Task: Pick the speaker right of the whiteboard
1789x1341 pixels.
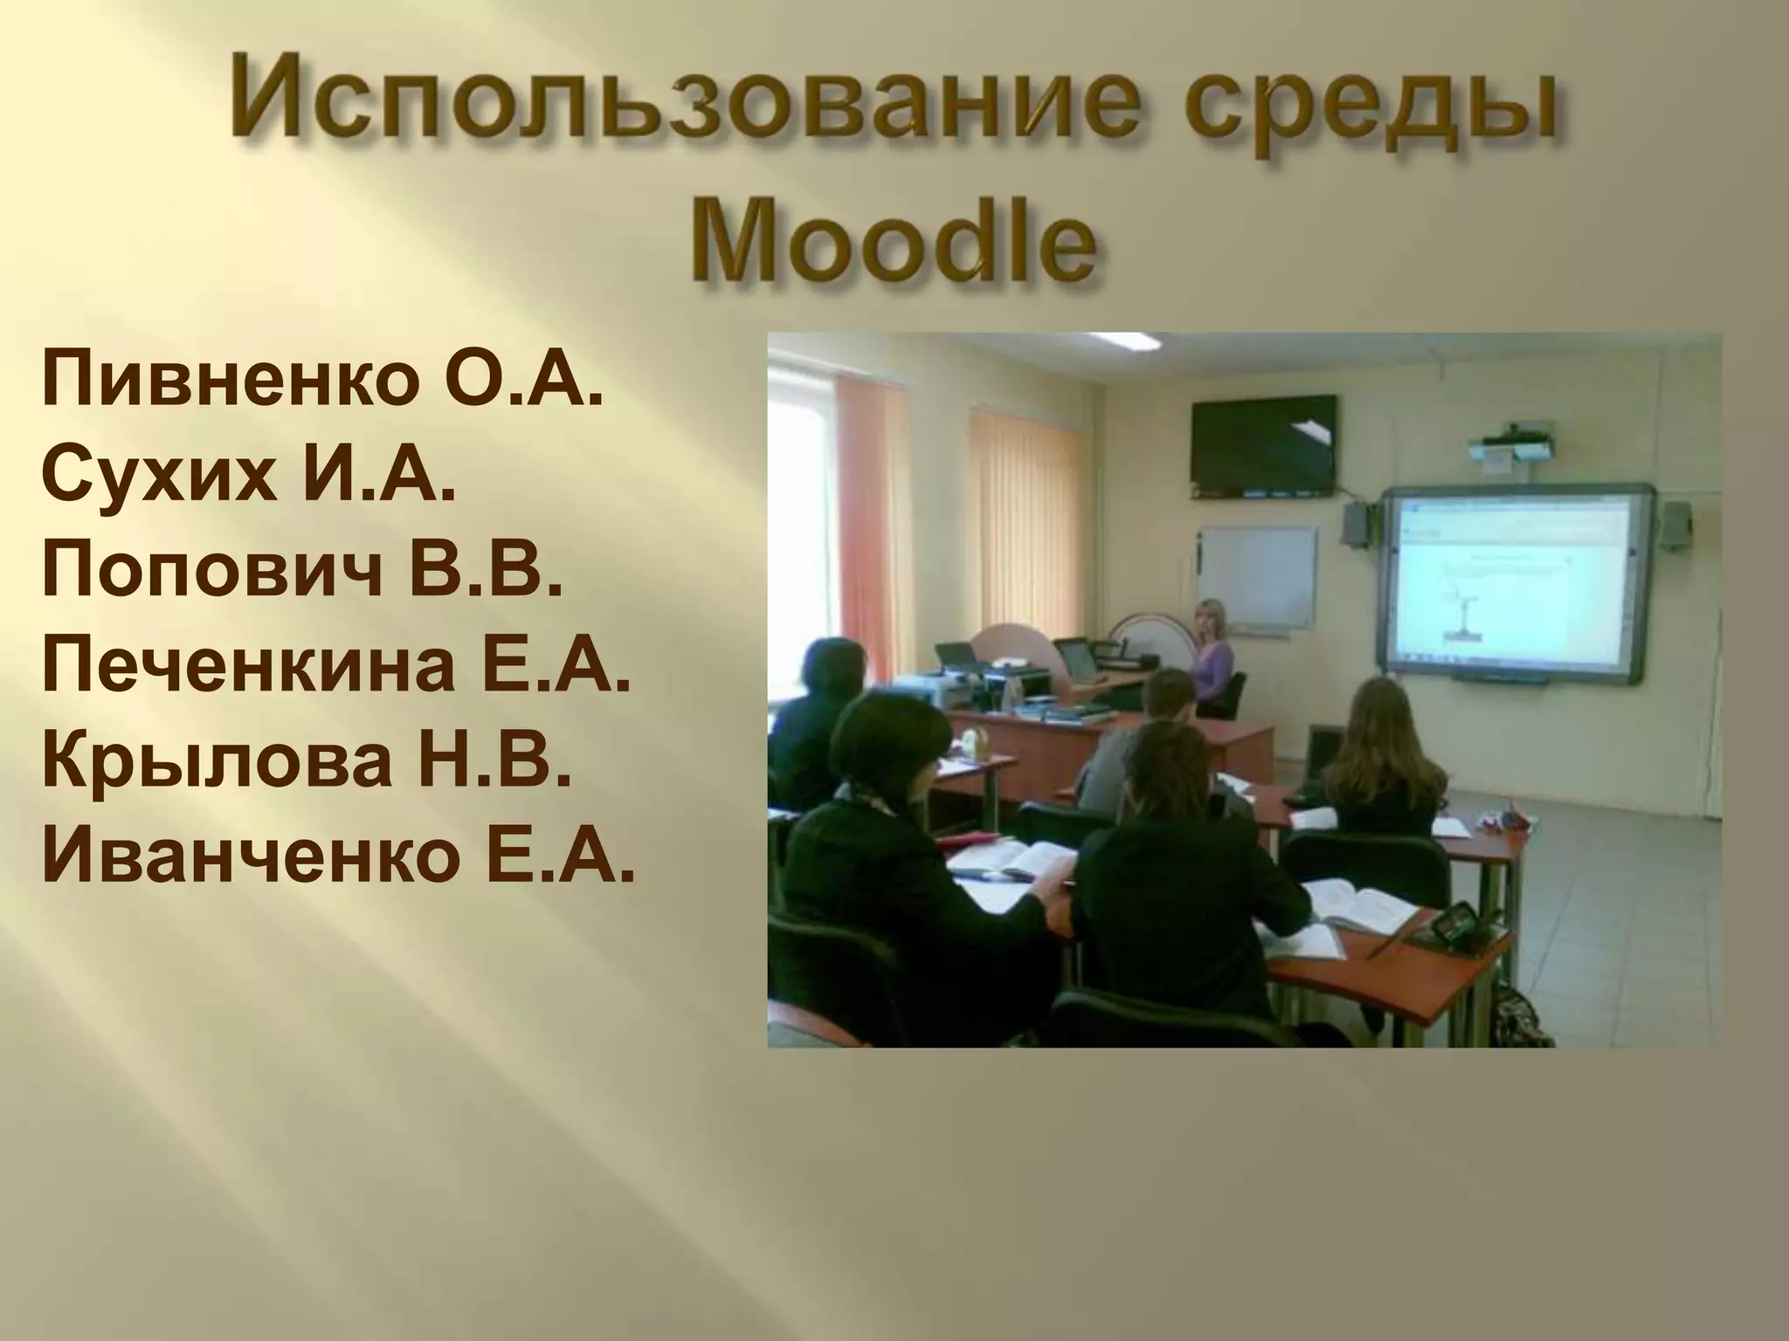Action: coord(1675,526)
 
